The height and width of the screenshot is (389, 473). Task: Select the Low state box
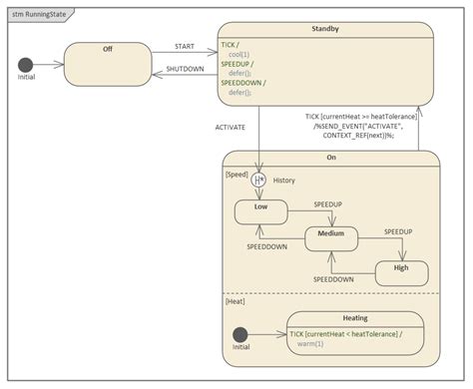point(260,212)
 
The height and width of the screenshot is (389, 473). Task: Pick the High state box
point(401,272)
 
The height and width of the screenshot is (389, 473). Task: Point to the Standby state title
point(325,31)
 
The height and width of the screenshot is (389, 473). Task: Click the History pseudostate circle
point(259,181)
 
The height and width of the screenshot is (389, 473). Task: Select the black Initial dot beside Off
point(26,65)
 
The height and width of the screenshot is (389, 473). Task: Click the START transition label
point(185,46)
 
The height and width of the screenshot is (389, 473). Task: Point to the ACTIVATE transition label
point(232,127)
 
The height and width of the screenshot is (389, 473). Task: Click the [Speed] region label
point(237,173)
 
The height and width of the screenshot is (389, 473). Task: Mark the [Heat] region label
point(236,300)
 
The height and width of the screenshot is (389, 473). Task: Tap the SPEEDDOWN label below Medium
point(333,280)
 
